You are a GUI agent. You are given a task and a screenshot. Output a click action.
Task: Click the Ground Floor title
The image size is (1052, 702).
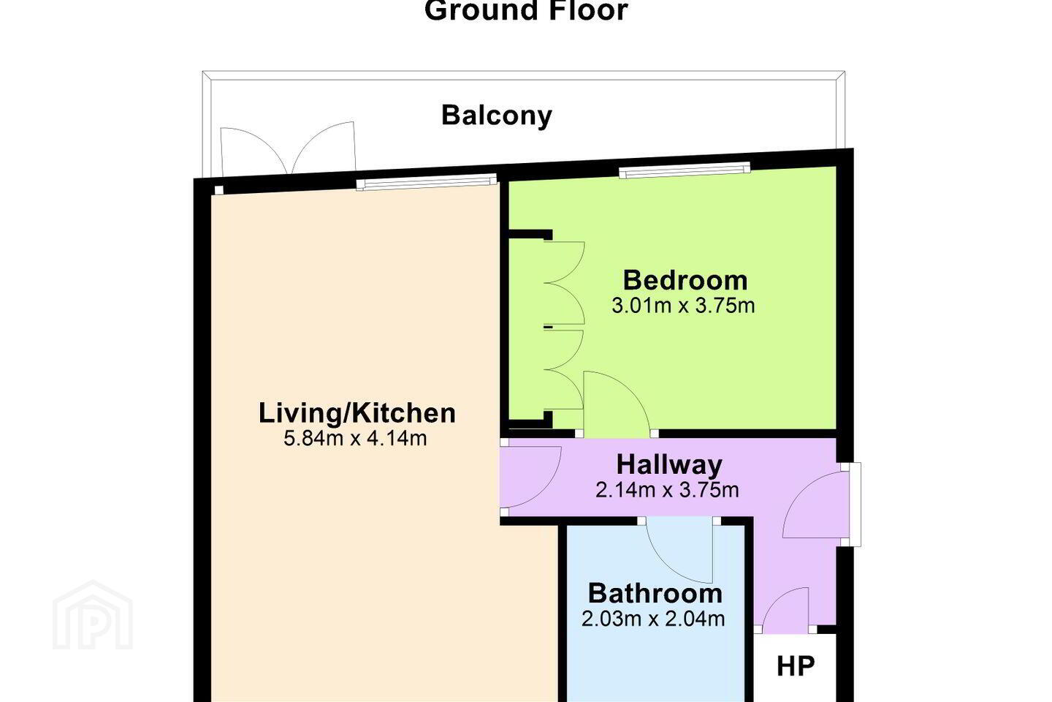(526, 10)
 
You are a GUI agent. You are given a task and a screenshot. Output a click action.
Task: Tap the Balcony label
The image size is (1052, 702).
(497, 116)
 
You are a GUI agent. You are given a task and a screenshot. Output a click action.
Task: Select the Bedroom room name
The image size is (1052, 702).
(685, 280)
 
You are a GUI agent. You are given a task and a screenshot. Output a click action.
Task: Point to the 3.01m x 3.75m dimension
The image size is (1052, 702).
(683, 306)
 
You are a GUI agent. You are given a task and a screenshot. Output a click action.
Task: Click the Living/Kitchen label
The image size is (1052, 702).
(357, 413)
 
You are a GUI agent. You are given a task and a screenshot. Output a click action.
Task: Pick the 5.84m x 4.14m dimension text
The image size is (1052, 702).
(355, 439)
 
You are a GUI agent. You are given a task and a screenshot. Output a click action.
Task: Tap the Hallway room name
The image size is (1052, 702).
(669, 465)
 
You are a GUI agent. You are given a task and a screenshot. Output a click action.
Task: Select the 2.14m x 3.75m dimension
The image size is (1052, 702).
(667, 491)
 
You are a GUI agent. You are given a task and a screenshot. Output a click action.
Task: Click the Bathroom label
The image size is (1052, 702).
(655, 593)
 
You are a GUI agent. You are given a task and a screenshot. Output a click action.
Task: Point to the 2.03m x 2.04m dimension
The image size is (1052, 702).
(653, 619)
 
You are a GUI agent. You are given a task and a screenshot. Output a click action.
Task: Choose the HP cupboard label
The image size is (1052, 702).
(796, 666)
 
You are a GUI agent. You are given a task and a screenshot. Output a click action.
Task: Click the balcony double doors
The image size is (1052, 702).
(287, 148)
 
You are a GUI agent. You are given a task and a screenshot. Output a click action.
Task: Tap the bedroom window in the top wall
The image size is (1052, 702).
(685, 170)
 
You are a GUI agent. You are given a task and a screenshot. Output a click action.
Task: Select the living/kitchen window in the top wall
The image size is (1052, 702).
(426, 182)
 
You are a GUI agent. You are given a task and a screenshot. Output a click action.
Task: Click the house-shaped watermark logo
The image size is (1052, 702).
(93, 616)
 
